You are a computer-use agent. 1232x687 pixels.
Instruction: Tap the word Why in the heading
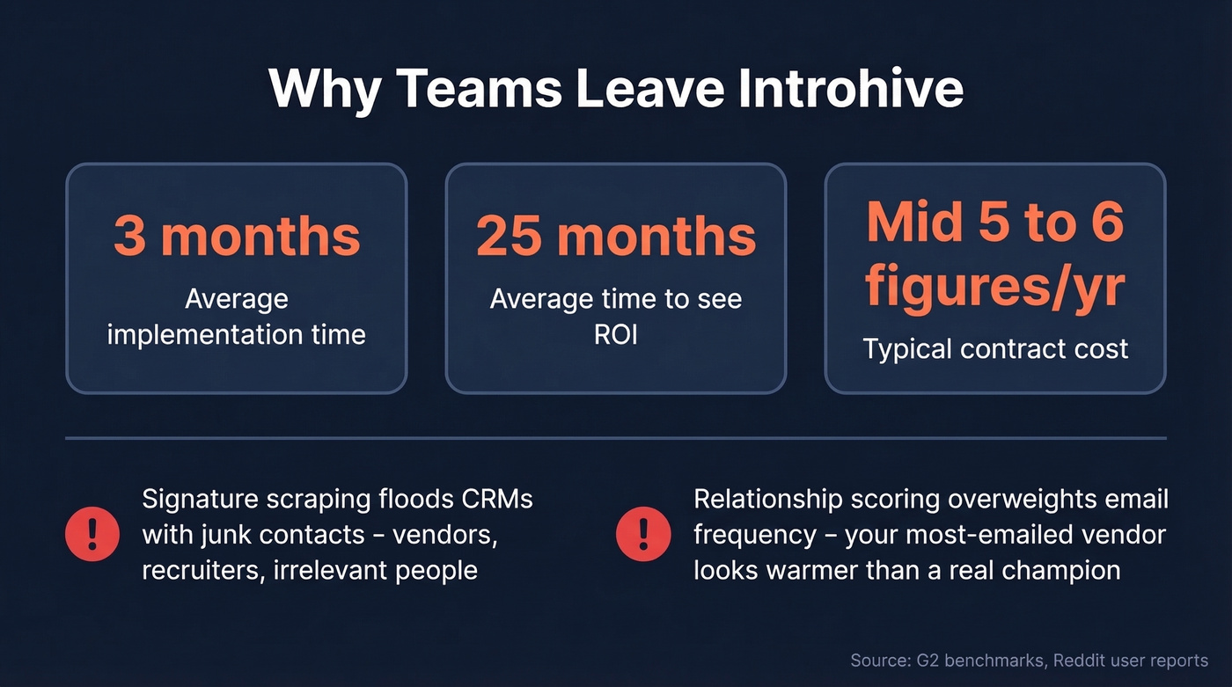pos(323,88)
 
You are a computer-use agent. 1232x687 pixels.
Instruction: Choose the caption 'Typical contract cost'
pos(995,349)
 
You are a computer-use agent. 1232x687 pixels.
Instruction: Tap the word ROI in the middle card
pos(616,335)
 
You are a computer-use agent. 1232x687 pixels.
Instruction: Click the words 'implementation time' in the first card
pos(237,335)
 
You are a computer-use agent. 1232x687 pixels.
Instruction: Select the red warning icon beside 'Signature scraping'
pos(92,534)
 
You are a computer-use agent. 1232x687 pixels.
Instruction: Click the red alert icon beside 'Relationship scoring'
pos(643,534)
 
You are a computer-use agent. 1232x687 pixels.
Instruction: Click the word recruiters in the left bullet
pos(202,570)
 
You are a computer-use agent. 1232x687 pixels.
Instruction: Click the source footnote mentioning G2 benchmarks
pos(1029,661)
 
